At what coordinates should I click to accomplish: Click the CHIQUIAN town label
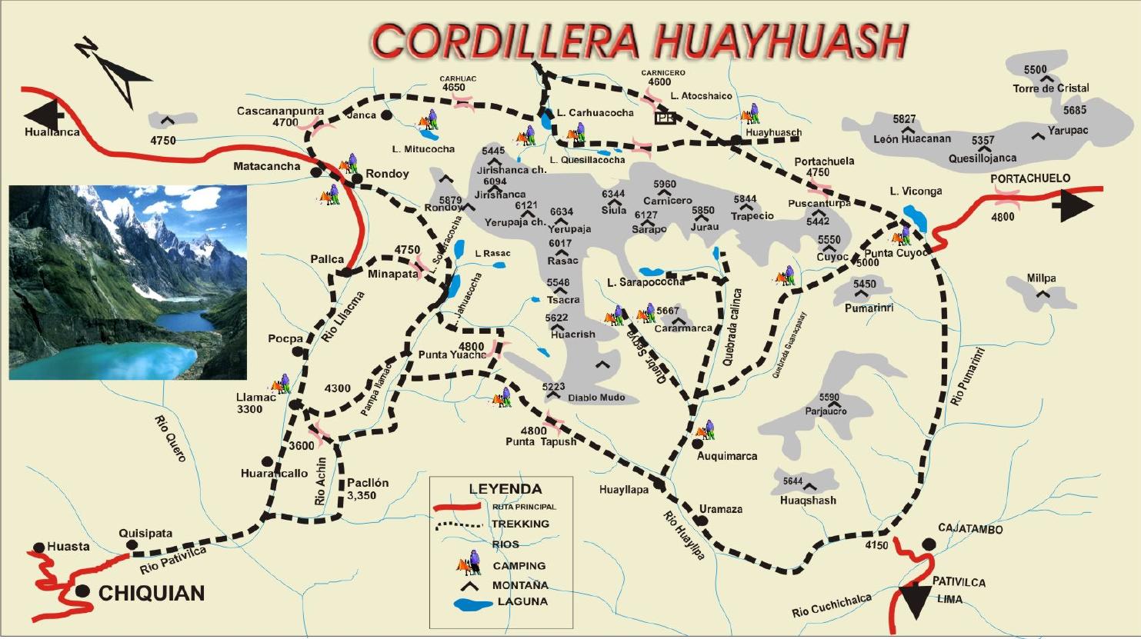tap(152, 593)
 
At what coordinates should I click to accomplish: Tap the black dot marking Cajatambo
tap(929, 544)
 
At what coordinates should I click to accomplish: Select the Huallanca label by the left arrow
tap(52, 132)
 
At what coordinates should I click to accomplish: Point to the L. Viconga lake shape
tap(915, 216)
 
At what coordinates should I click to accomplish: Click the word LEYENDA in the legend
tap(505, 489)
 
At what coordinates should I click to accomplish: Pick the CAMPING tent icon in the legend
tap(469, 565)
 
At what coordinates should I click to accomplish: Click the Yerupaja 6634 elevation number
tap(562, 212)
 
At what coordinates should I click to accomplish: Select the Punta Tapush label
tap(541, 441)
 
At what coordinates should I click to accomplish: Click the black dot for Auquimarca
tap(698, 444)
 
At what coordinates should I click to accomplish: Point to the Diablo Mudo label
tap(596, 398)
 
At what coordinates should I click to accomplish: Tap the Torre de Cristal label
tap(1051, 88)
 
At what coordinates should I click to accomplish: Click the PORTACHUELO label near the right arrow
tap(1029, 178)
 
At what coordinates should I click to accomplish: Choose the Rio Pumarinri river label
tap(967, 377)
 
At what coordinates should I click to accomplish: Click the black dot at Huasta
tap(39, 548)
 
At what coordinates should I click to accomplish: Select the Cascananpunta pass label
tap(280, 111)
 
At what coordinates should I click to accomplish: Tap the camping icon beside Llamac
tap(281, 384)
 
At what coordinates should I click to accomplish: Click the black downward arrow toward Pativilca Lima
tap(915, 601)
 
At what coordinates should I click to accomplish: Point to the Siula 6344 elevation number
tap(613, 195)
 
